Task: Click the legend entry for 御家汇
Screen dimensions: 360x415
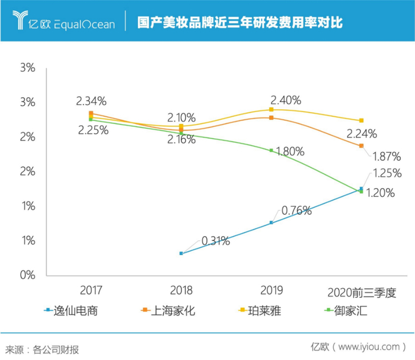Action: (x=350, y=310)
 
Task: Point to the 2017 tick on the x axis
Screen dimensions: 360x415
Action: (x=91, y=291)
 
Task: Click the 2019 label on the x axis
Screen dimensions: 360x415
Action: (x=272, y=291)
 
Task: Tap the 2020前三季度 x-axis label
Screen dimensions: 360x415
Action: (x=362, y=293)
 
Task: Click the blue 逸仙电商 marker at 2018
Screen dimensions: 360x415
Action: (x=181, y=253)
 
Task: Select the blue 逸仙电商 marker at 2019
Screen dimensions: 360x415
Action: (x=272, y=223)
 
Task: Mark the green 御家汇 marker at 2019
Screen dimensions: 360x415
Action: (x=272, y=151)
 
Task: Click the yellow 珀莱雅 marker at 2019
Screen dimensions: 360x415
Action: (x=272, y=110)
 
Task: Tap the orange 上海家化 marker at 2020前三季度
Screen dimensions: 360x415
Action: (x=362, y=146)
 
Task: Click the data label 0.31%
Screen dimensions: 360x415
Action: (x=216, y=241)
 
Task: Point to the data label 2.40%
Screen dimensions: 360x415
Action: (x=286, y=99)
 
